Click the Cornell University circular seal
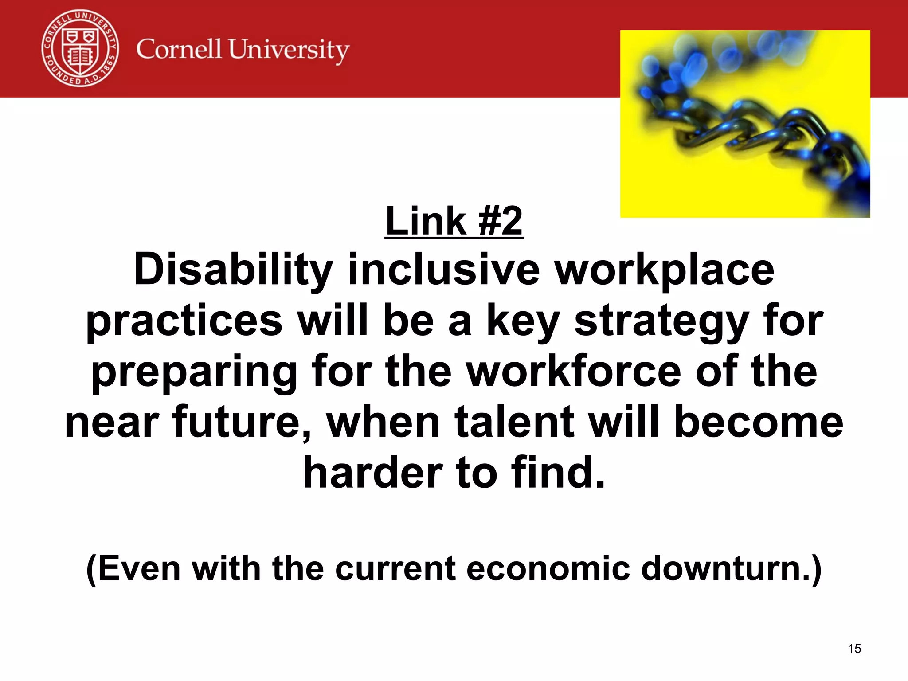click(x=80, y=49)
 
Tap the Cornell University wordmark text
click(x=243, y=50)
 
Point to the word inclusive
click(x=444, y=270)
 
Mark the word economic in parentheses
click(x=548, y=568)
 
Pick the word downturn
click(x=727, y=568)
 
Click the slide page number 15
click(x=854, y=649)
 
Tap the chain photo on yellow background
click(x=745, y=124)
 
